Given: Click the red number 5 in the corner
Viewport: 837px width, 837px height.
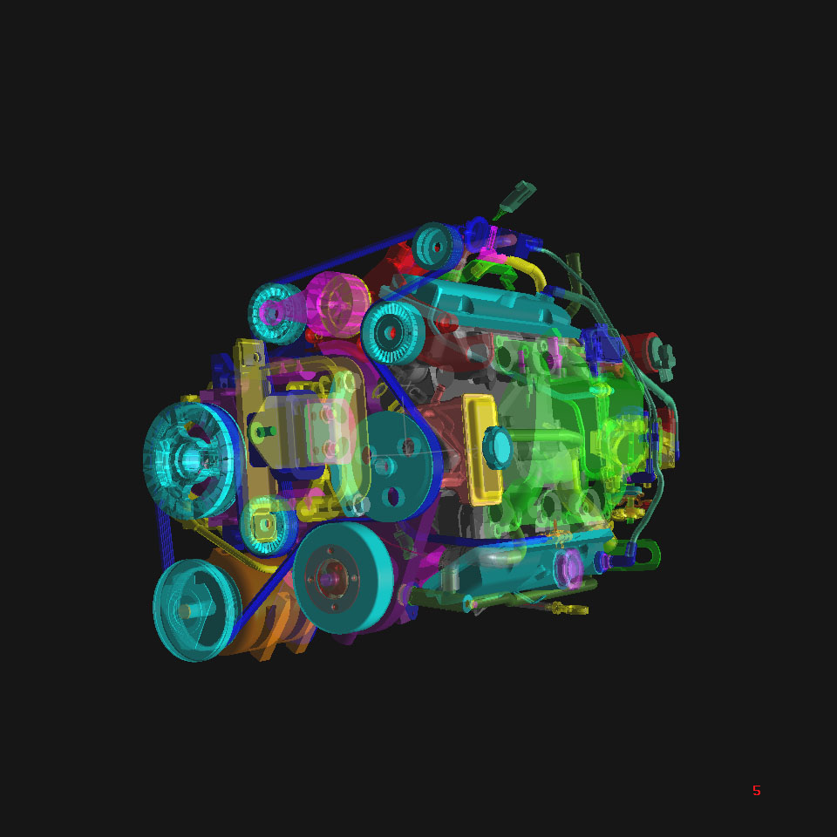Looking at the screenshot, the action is point(757,791).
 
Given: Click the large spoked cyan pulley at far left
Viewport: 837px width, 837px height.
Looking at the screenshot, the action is point(192,460).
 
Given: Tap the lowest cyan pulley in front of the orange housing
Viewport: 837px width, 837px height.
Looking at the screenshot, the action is point(196,609).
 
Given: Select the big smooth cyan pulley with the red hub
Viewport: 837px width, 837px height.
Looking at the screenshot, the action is point(344,577).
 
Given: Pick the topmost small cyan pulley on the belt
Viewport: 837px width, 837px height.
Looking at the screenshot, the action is point(437,246).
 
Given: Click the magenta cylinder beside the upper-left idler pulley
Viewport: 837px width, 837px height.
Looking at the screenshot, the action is point(337,304).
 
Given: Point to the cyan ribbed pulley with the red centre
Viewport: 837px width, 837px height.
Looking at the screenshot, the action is point(393,332).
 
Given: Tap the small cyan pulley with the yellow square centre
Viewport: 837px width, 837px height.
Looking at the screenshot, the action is point(268,525).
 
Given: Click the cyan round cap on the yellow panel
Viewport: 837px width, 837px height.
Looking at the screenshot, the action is point(498,447).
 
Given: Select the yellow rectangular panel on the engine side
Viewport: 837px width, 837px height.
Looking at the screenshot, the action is point(482,450).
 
